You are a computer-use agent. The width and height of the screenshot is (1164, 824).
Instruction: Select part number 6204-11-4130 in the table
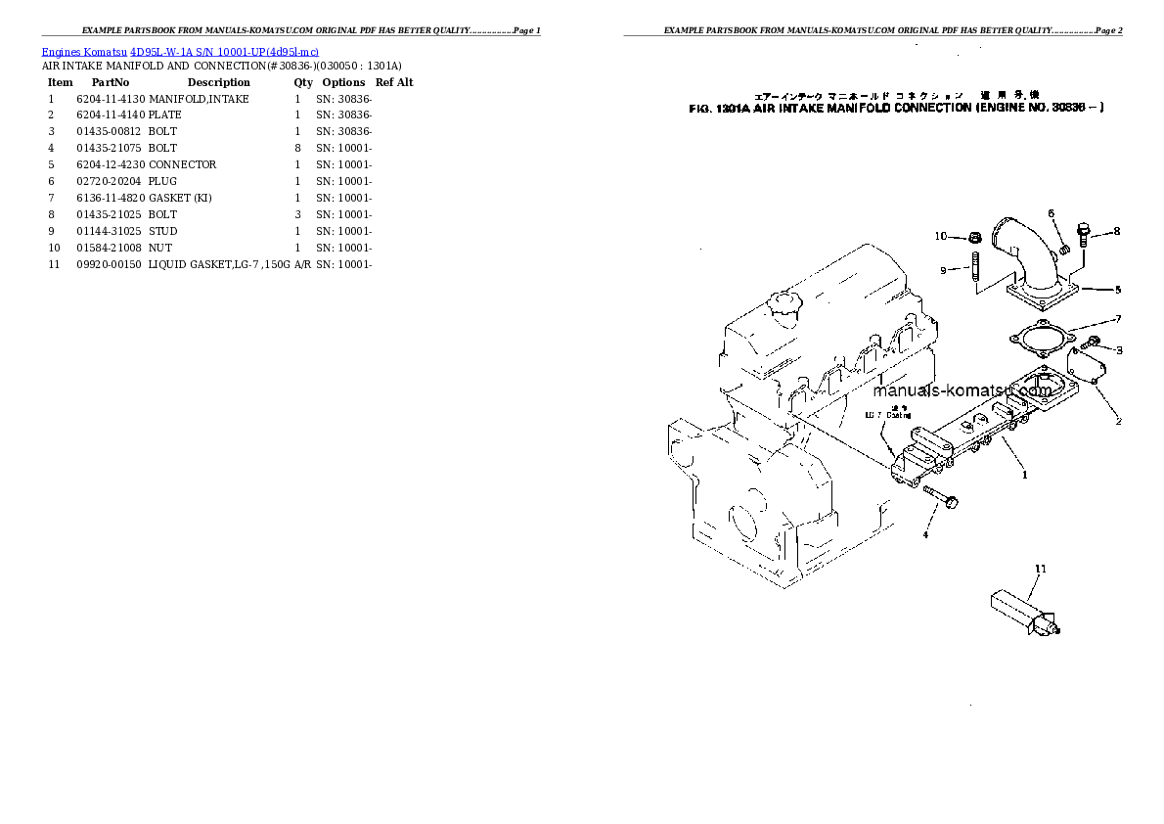(111, 99)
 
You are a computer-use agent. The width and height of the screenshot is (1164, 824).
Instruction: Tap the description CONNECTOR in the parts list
(183, 164)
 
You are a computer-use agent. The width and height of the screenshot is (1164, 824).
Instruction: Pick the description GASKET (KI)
(180, 198)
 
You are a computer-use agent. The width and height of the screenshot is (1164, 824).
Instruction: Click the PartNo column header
(111, 82)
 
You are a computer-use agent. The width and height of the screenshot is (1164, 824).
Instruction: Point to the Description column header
(218, 82)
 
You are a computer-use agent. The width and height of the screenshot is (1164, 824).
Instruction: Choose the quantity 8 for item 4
(297, 148)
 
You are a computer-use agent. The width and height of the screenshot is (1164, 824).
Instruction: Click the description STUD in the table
(162, 231)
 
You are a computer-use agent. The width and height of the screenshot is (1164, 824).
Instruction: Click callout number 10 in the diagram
(941, 236)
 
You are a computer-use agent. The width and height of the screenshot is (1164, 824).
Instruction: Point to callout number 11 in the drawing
(1041, 569)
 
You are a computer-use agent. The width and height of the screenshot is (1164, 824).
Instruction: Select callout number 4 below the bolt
(924, 534)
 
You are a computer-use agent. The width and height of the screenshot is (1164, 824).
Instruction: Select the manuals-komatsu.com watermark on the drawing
(961, 390)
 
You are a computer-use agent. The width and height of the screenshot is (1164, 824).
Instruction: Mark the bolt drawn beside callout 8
(1082, 235)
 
